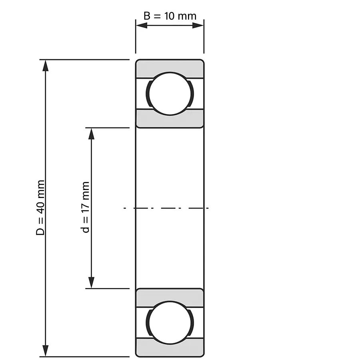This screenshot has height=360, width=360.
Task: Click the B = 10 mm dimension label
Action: coord(170,16)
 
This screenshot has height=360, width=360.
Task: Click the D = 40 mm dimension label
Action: coord(40,208)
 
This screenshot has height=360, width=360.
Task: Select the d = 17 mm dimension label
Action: coord(86,207)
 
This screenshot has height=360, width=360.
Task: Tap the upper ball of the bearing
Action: coord(170,94)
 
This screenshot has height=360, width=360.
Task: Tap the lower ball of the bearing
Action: coord(170,322)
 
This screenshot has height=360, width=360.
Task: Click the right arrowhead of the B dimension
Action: coord(198,25)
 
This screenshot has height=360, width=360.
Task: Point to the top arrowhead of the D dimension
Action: coord(46,66)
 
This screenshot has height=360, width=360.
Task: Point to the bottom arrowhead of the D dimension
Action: coord(46,350)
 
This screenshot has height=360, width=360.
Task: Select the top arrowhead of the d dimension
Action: coord(91,134)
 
